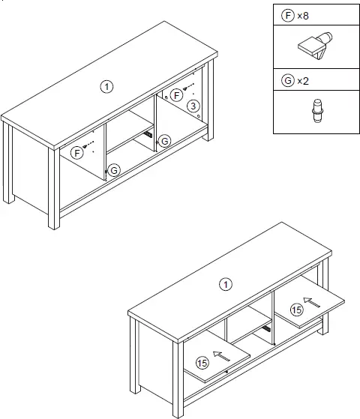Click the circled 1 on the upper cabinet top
click(108, 87)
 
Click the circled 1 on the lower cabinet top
click(223, 284)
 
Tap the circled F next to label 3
click(176, 94)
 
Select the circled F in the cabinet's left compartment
click(77, 152)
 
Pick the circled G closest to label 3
click(165, 140)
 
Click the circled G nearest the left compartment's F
click(114, 171)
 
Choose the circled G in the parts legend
click(287, 80)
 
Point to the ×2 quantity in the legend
click(304, 80)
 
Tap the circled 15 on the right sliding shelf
click(298, 309)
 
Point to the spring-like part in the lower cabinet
click(266, 329)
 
